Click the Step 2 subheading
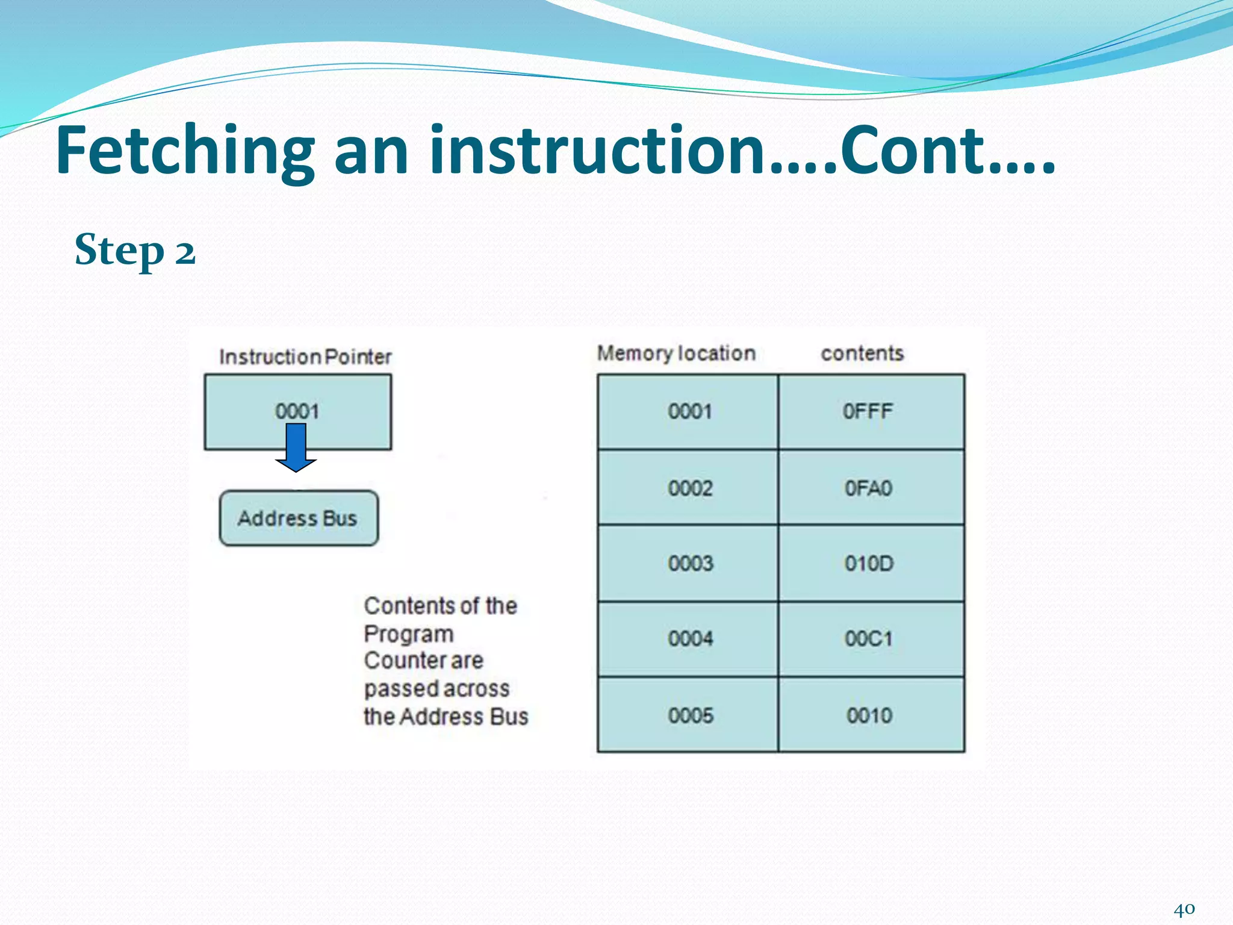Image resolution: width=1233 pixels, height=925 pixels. [x=135, y=250]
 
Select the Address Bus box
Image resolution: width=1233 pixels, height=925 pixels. [x=299, y=519]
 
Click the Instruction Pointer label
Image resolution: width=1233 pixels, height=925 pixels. [x=305, y=357]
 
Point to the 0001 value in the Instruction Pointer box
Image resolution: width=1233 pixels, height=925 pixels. [x=297, y=411]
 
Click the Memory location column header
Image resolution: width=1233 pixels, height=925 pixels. [x=676, y=353]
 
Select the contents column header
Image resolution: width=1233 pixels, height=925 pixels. [x=862, y=353]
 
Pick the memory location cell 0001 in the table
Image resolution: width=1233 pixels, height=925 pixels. [x=689, y=412]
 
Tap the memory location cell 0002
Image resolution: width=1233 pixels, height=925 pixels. [x=689, y=488]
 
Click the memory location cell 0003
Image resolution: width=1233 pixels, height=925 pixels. [x=690, y=564]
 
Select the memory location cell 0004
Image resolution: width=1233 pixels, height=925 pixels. [x=690, y=638]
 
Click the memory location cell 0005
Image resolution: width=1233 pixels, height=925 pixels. [x=690, y=715]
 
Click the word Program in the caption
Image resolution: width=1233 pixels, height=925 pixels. [x=409, y=634]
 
